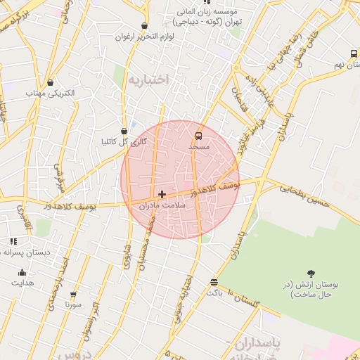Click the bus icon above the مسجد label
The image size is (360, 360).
(198, 135)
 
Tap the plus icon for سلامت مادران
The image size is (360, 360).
(162, 193)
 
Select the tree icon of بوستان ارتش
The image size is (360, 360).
(311, 274)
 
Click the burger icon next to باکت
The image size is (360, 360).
(214, 283)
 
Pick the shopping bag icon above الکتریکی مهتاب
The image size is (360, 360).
(50, 82)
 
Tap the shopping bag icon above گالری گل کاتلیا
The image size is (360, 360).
(124, 130)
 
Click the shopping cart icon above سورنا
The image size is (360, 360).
(73, 295)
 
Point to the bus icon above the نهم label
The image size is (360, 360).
(354, 53)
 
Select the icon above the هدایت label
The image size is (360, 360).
(22, 272)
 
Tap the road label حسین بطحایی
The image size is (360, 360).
(305, 196)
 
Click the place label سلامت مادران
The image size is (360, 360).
(162, 206)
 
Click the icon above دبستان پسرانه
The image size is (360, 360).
(13, 241)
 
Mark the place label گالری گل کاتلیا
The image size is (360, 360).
(124, 142)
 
